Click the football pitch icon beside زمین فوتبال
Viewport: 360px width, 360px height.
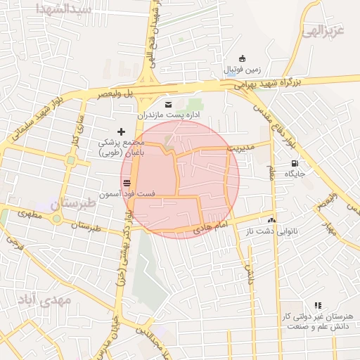point(243,58)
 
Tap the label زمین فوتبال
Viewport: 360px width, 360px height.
point(243,70)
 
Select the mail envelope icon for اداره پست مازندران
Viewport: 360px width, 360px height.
point(167,104)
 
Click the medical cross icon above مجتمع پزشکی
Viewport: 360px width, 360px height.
point(121,131)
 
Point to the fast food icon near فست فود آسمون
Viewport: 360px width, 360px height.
point(127,183)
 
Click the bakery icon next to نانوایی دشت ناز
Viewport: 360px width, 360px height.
point(271,221)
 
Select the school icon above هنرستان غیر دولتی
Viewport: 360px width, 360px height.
point(318,306)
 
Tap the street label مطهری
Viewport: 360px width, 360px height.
point(30,214)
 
